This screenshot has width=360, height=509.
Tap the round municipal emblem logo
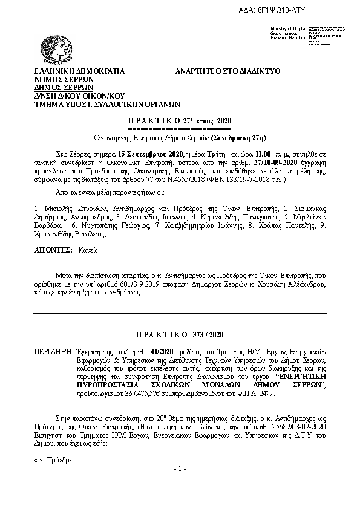tap(56, 47)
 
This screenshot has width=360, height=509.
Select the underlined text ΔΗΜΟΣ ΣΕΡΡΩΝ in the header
tap(59, 87)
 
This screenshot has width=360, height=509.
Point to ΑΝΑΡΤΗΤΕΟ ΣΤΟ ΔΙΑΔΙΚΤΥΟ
tap(227, 71)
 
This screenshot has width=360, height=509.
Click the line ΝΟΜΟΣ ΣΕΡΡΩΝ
tap(60, 79)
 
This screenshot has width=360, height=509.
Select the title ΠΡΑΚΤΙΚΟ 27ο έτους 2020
tap(180, 121)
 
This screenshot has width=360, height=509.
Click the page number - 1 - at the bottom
tap(180, 470)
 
